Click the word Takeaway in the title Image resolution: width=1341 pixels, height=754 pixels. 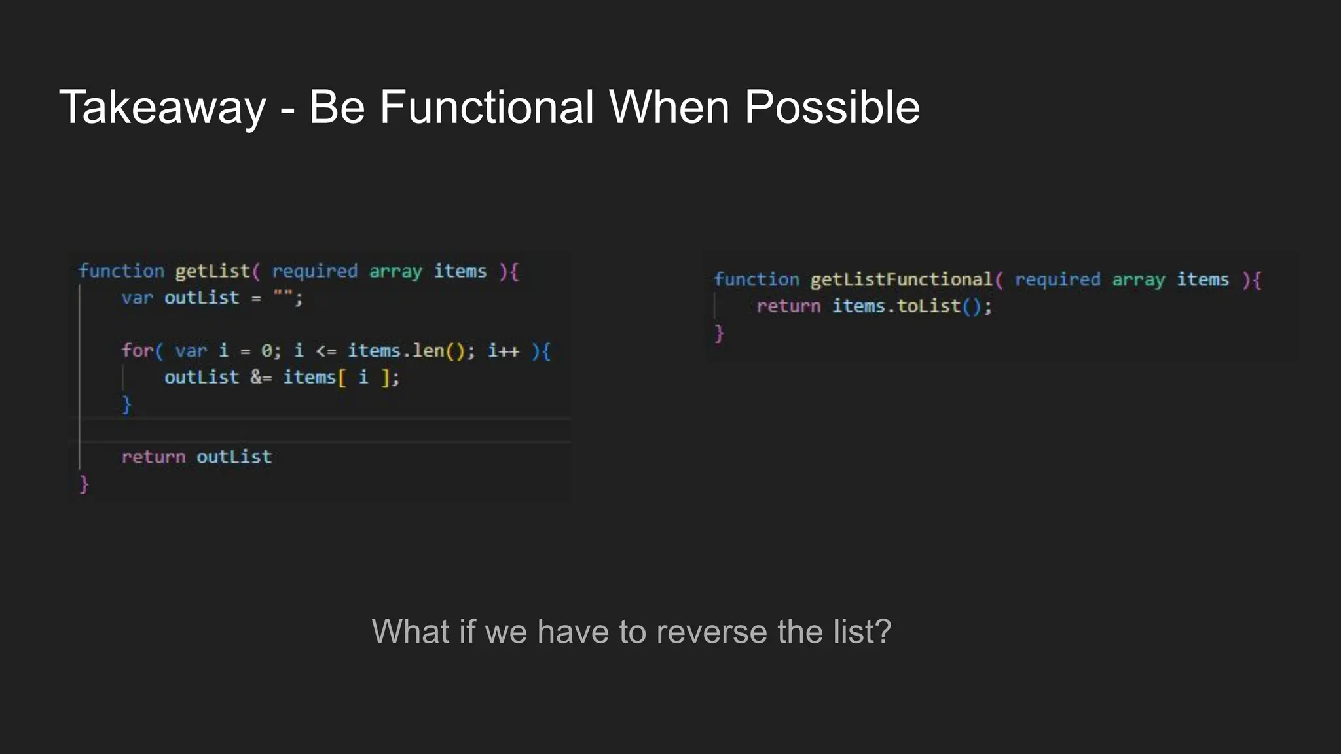[x=162, y=107]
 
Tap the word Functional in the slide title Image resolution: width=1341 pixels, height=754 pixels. [x=487, y=107]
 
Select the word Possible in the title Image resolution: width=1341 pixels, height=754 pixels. [x=832, y=107]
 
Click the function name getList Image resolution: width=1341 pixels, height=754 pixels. [x=212, y=272]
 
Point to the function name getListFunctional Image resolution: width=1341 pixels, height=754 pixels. [x=902, y=280]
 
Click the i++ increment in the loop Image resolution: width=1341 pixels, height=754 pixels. [x=503, y=351]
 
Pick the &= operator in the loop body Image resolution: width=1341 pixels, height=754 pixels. [x=261, y=378]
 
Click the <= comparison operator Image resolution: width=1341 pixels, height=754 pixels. [x=325, y=351]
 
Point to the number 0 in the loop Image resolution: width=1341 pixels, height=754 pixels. [x=266, y=351]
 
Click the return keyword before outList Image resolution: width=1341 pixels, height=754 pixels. [x=153, y=457]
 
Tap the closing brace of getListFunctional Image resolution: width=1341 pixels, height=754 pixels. [x=718, y=333]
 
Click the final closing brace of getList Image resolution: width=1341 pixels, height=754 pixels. [x=84, y=484]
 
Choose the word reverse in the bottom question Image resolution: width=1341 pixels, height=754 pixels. [x=711, y=632]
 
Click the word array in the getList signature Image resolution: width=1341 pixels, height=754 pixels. [x=395, y=272]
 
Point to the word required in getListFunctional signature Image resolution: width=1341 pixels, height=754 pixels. [x=1057, y=280]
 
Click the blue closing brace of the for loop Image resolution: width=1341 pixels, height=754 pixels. [x=126, y=404]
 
